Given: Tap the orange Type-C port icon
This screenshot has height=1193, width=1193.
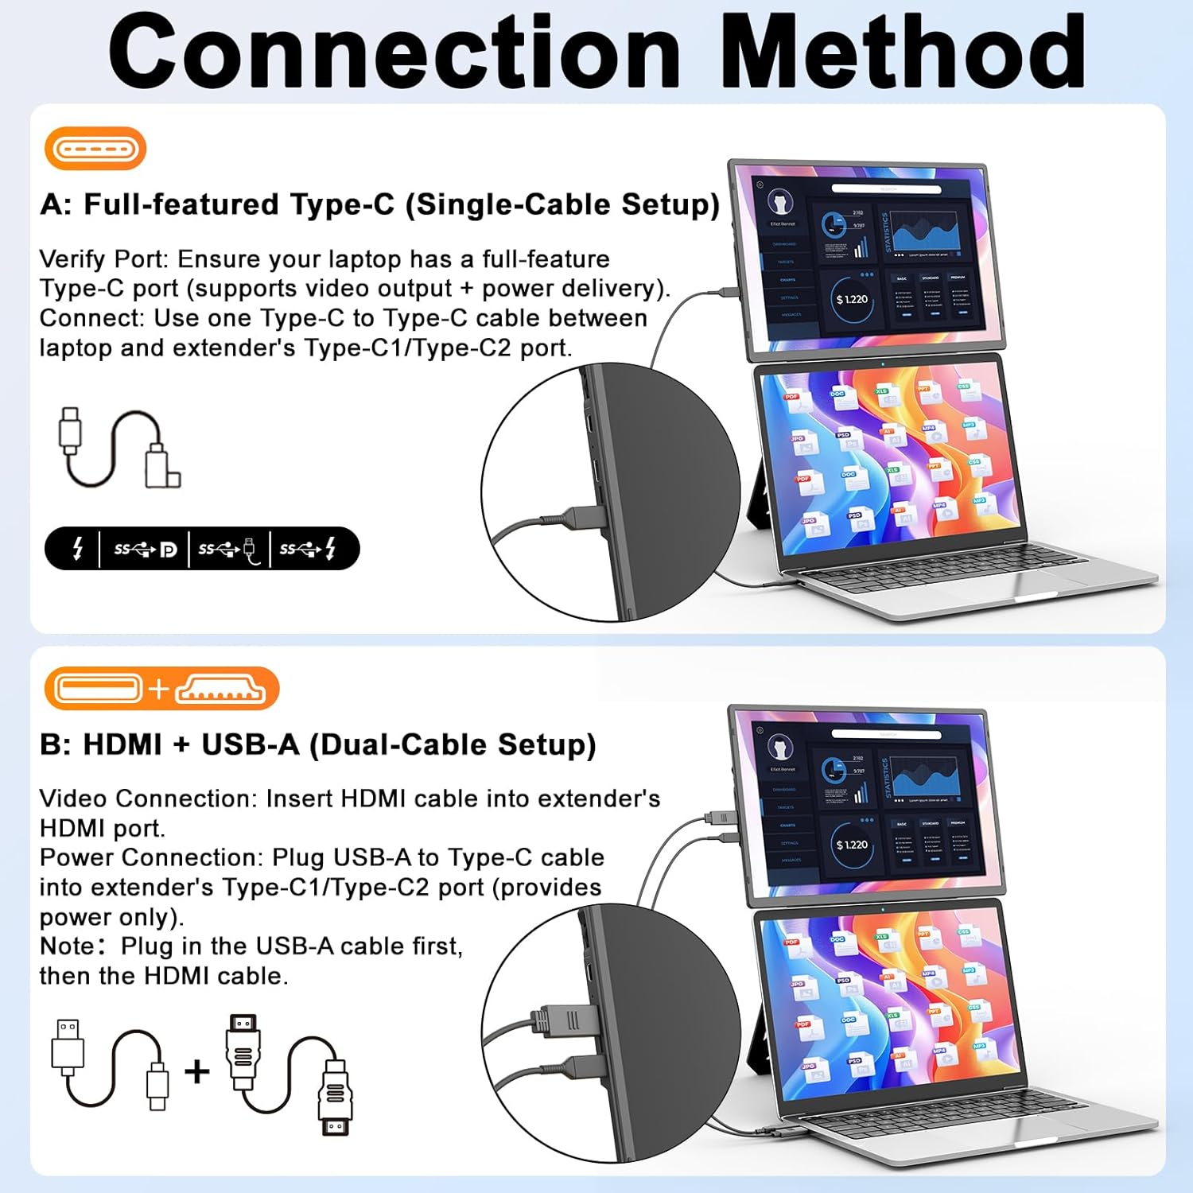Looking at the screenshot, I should pyautogui.click(x=95, y=149).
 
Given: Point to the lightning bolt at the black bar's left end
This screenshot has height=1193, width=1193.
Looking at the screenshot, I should pyautogui.click(x=77, y=549).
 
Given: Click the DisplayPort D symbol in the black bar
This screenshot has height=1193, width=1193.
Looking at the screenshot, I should pyautogui.click(x=168, y=550).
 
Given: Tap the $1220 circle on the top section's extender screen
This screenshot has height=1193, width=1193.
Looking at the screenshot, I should pyautogui.click(x=852, y=300).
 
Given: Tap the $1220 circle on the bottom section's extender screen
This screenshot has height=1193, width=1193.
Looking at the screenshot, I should pyautogui.click(x=852, y=845).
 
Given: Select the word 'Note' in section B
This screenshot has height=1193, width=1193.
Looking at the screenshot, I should pyautogui.click(x=67, y=946).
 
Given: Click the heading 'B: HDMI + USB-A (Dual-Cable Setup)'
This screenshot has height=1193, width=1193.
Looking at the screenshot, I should pyautogui.click(x=317, y=745).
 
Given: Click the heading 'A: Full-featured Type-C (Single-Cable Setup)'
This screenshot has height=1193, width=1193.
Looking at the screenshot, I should pyautogui.click(x=379, y=204).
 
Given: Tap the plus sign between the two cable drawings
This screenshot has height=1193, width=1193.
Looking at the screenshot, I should pyautogui.click(x=196, y=1071).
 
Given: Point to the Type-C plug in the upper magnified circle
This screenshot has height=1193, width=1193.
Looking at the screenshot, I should pyautogui.click(x=585, y=516).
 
